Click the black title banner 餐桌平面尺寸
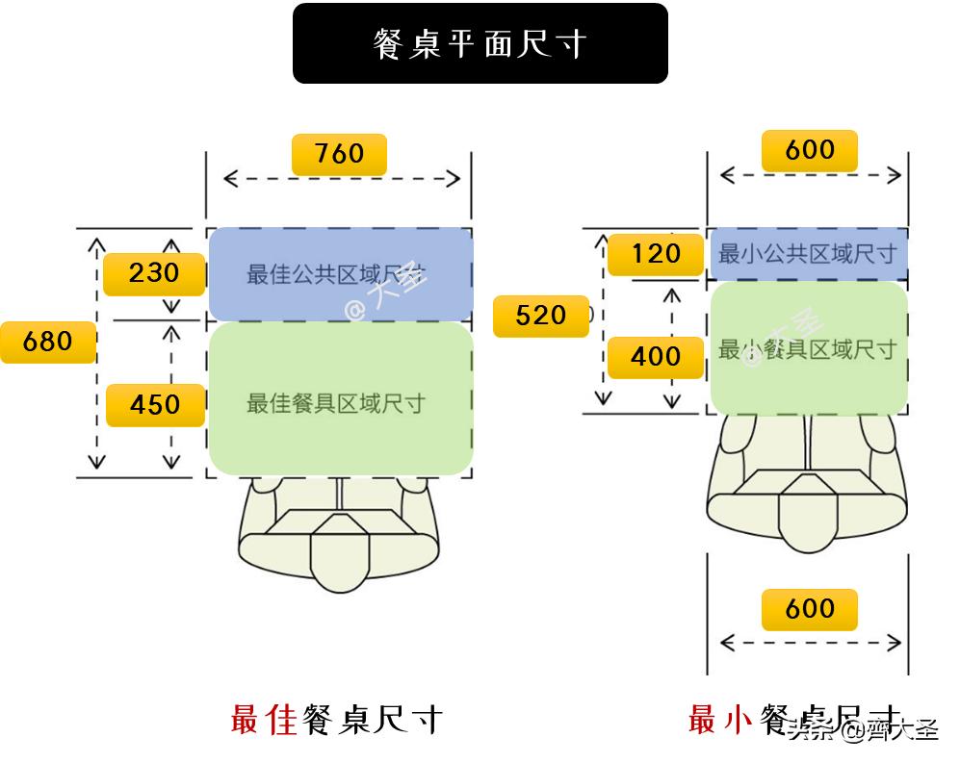point(480,43)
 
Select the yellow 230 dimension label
point(154,273)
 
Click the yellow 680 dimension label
point(47,341)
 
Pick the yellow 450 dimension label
point(154,404)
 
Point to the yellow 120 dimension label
point(656,254)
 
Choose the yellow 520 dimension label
point(540,316)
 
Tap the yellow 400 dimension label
point(656,356)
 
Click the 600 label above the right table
point(809,150)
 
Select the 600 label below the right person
point(809,609)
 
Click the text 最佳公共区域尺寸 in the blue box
point(336,275)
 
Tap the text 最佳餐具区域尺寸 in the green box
point(336,403)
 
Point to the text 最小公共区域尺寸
point(807,254)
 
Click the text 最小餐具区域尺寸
point(807,349)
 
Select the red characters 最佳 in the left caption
point(264,719)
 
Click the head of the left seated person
point(339,553)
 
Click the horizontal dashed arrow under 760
point(341,178)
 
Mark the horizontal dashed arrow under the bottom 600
point(810,643)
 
